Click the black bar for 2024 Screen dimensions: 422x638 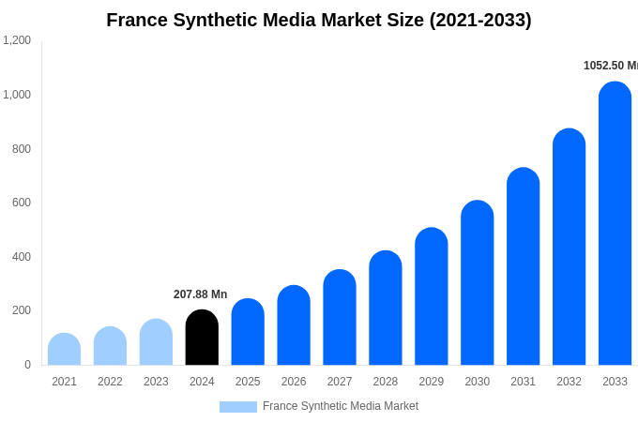202,338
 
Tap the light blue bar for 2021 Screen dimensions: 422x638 64,349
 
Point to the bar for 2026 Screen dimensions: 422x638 294,325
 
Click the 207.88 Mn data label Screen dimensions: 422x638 200,294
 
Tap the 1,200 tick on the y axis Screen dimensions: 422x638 17,40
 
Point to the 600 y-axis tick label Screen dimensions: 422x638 21,203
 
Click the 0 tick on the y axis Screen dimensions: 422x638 27,365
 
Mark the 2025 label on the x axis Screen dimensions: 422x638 248,382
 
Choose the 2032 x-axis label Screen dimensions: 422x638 569,382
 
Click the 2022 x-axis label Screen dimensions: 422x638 110,382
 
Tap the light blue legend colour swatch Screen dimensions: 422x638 237,407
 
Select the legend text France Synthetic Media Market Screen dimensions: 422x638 341,406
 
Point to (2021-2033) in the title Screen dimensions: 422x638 480,20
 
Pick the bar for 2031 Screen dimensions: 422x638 523,266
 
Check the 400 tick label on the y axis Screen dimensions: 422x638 21,257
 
